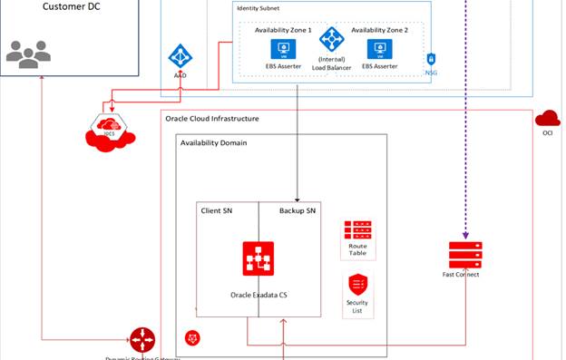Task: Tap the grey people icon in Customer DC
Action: coord(28,54)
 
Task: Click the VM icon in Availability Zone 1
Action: coord(283,48)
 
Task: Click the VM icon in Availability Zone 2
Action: coord(377,48)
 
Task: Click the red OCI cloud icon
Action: coord(547,118)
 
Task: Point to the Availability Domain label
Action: coord(214,143)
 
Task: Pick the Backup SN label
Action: coord(297,210)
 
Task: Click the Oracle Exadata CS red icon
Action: coord(259,259)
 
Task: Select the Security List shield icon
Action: coord(356,284)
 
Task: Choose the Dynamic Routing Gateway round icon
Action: coord(141,340)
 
